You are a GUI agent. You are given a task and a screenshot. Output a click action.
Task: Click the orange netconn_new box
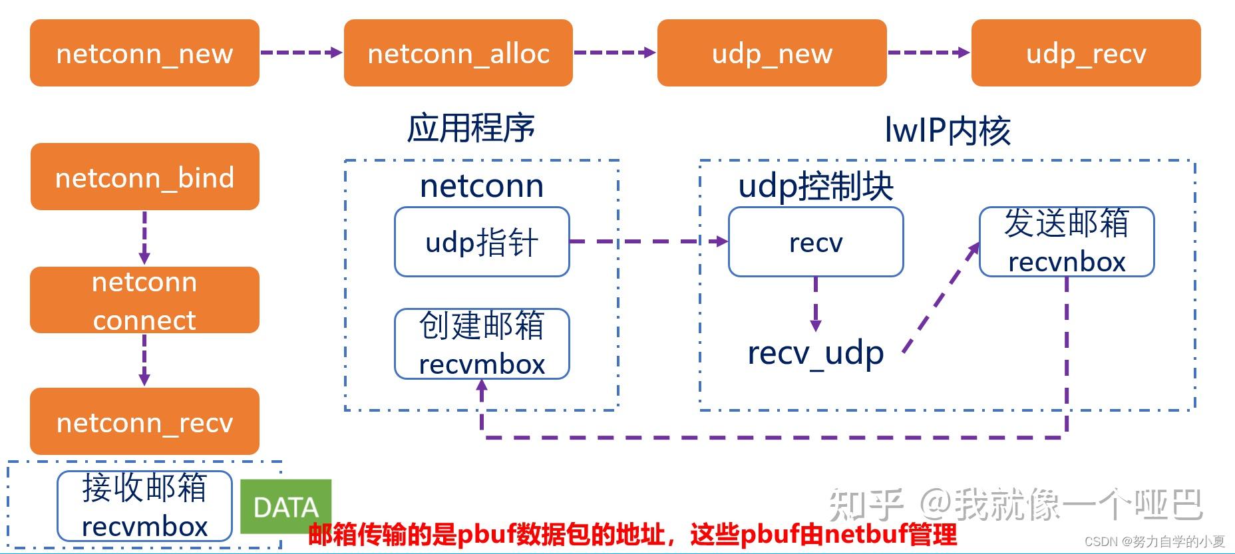[x=144, y=53]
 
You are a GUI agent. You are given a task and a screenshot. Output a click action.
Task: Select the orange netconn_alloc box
[x=458, y=53]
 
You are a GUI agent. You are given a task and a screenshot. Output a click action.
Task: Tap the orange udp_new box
[x=772, y=53]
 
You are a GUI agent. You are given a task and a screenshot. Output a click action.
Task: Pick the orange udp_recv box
[x=1086, y=53]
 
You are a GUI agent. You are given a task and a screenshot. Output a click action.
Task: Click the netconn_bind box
[x=144, y=177]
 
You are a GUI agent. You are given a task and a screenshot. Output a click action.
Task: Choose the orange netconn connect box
[x=144, y=300]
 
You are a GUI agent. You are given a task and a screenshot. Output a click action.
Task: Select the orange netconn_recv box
[x=144, y=422]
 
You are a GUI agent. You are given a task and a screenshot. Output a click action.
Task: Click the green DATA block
[x=285, y=507]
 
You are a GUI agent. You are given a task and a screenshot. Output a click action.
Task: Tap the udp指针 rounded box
[x=482, y=242]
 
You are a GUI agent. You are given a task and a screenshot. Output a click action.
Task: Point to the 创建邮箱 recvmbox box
[x=482, y=344]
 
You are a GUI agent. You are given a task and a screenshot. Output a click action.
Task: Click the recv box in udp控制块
[x=816, y=242]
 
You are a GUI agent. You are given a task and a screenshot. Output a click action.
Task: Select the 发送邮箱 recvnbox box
[x=1067, y=242]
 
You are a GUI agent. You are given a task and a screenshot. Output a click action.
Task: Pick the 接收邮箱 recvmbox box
[x=144, y=506]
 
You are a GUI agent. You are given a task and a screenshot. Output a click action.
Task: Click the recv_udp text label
[x=816, y=352]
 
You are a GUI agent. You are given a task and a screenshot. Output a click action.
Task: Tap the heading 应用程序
[x=470, y=128]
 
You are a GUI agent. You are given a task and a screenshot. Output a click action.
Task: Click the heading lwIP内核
[x=948, y=130]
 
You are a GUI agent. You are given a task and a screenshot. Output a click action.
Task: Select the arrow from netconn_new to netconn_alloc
[x=301, y=53]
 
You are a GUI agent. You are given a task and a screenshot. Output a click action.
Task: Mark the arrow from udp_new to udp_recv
[x=929, y=53]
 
